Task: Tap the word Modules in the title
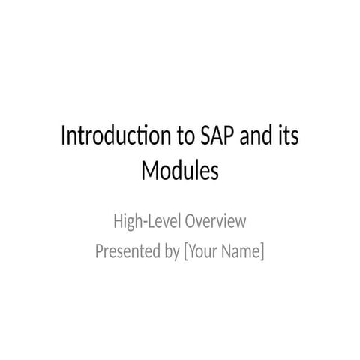180,172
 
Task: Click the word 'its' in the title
289,138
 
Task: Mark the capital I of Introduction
63,138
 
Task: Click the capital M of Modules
151,172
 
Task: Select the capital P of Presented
100,251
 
